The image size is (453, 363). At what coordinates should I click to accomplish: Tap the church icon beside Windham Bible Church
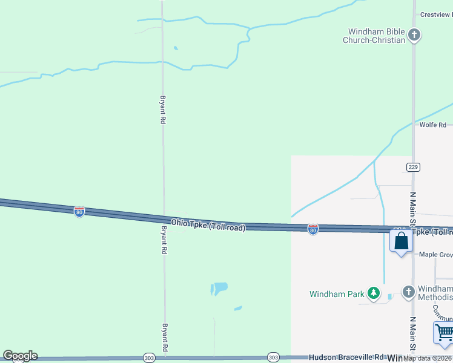pyautogui.click(x=414, y=35)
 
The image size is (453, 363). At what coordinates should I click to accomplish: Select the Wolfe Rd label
pyautogui.click(x=432, y=125)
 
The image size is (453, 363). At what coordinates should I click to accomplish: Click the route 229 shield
pyautogui.click(x=413, y=167)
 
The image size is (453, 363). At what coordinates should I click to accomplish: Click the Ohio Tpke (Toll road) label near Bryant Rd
pyautogui.click(x=208, y=225)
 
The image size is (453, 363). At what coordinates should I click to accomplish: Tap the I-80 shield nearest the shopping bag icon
pyautogui.click(x=312, y=230)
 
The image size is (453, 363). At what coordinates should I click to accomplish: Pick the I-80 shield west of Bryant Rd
pyautogui.click(x=79, y=212)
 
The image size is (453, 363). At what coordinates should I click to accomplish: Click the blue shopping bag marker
pyautogui.click(x=401, y=241)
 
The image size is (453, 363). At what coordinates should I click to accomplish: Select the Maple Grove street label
pyautogui.click(x=435, y=255)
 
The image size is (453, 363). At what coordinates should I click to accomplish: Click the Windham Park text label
pyautogui.click(x=337, y=295)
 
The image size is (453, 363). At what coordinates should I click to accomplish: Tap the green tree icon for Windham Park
pyautogui.click(x=374, y=294)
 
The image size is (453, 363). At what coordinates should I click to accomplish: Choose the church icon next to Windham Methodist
pyautogui.click(x=408, y=292)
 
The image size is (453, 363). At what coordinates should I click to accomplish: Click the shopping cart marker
pyautogui.click(x=444, y=333)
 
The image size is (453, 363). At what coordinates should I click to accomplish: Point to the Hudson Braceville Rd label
pyautogui.click(x=346, y=358)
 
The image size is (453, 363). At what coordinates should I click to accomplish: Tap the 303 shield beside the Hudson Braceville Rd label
pyautogui.click(x=273, y=358)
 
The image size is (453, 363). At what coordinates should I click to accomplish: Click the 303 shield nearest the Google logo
pyautogui.click(x=149, y=358)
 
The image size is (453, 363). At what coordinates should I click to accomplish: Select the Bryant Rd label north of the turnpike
pyautogui.click(x=162, y=109)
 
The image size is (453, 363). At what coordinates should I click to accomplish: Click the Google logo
pyautogui.click(x=20, y=356)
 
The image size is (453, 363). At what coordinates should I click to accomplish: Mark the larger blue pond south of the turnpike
pyautogui.click(x=219, y=289)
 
